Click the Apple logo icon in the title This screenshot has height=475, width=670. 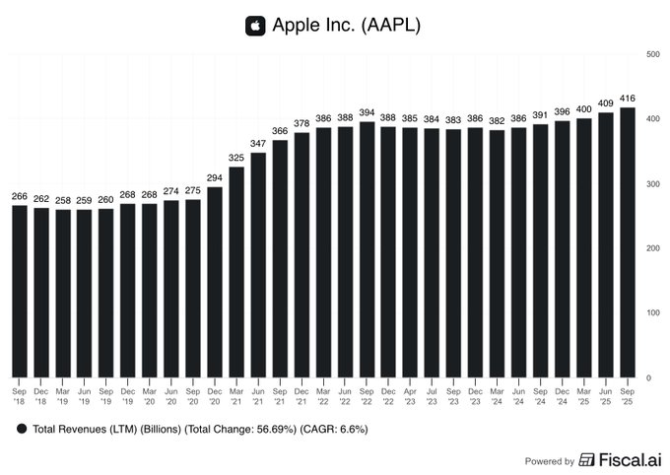click(256, 26)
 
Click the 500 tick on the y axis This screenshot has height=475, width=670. click(652, 54)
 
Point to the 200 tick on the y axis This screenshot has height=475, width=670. click(652, 248)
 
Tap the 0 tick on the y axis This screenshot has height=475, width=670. click(648, 377)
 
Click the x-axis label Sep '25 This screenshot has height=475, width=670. click(628, 394)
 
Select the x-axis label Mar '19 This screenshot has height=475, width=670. click(63, 394)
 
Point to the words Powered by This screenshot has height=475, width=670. click(550, 461)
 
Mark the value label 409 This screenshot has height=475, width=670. click(606, 102)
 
